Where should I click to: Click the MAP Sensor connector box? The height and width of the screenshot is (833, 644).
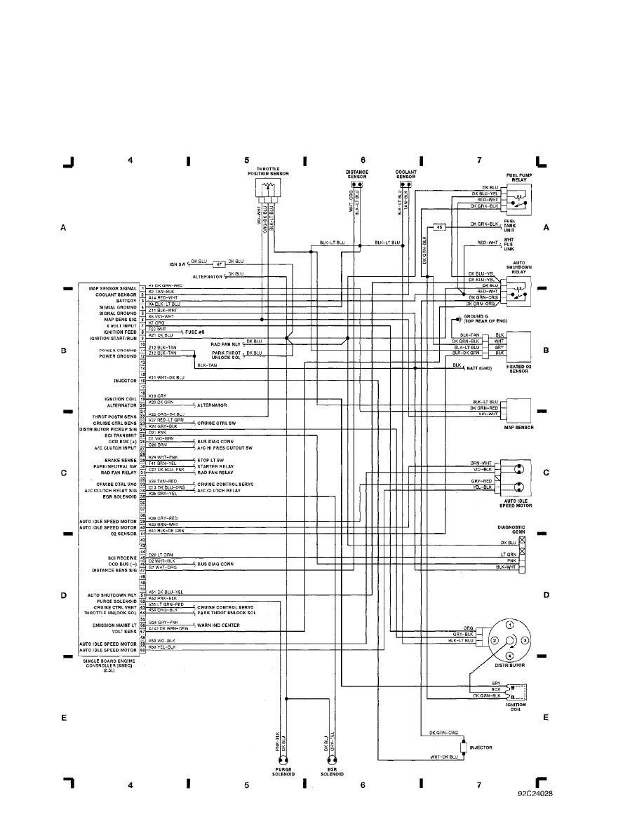518,408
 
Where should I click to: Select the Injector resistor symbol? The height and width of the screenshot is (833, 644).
464,748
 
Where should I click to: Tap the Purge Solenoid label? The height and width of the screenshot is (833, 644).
283,772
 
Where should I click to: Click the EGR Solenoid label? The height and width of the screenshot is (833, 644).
332,772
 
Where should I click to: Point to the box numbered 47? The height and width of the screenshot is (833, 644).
219,264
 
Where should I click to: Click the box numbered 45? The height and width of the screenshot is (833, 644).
438,227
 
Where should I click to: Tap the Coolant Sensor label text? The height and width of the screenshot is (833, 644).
405,173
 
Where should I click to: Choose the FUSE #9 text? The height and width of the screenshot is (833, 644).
194,330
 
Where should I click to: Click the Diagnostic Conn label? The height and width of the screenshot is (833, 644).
510,529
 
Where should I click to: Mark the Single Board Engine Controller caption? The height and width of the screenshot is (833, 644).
109,663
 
